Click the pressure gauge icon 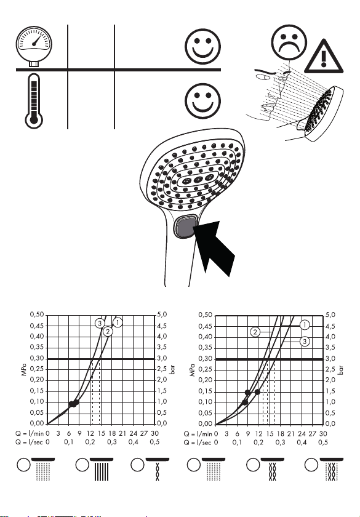coord(34,46)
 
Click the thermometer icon coord(34,101)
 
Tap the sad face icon coord(289,42)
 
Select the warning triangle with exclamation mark coord(324,57)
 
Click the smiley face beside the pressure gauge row coord(202,46)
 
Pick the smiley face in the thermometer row coord(202,101)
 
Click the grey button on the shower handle coord(186,226)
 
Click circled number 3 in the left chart coord(100,323)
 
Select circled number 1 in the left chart coord(118,322)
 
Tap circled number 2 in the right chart coord(255,332)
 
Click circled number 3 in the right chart coord(305,341)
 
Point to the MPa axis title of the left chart coord(23,369)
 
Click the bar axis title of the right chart coord(340,370)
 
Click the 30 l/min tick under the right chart coord(323,433)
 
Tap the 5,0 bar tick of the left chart coord(161,315)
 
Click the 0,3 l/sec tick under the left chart coord(112,442)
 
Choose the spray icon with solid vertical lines coord(101,469)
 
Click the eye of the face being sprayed coord(264,78)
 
